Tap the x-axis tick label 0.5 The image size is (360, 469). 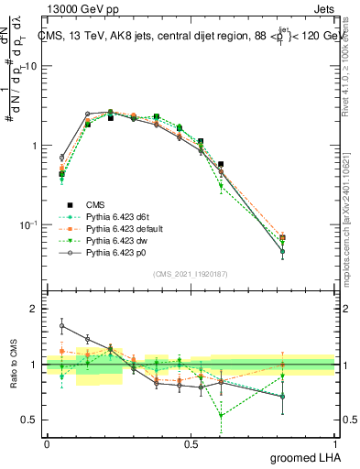[191, 444]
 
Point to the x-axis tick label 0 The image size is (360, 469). [47, 444]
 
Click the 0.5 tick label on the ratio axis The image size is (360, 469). [27, 420]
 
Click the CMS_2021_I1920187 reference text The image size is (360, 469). [191, 274]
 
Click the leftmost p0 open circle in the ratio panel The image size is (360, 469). [61, 325]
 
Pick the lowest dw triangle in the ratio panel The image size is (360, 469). [221, 415]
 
